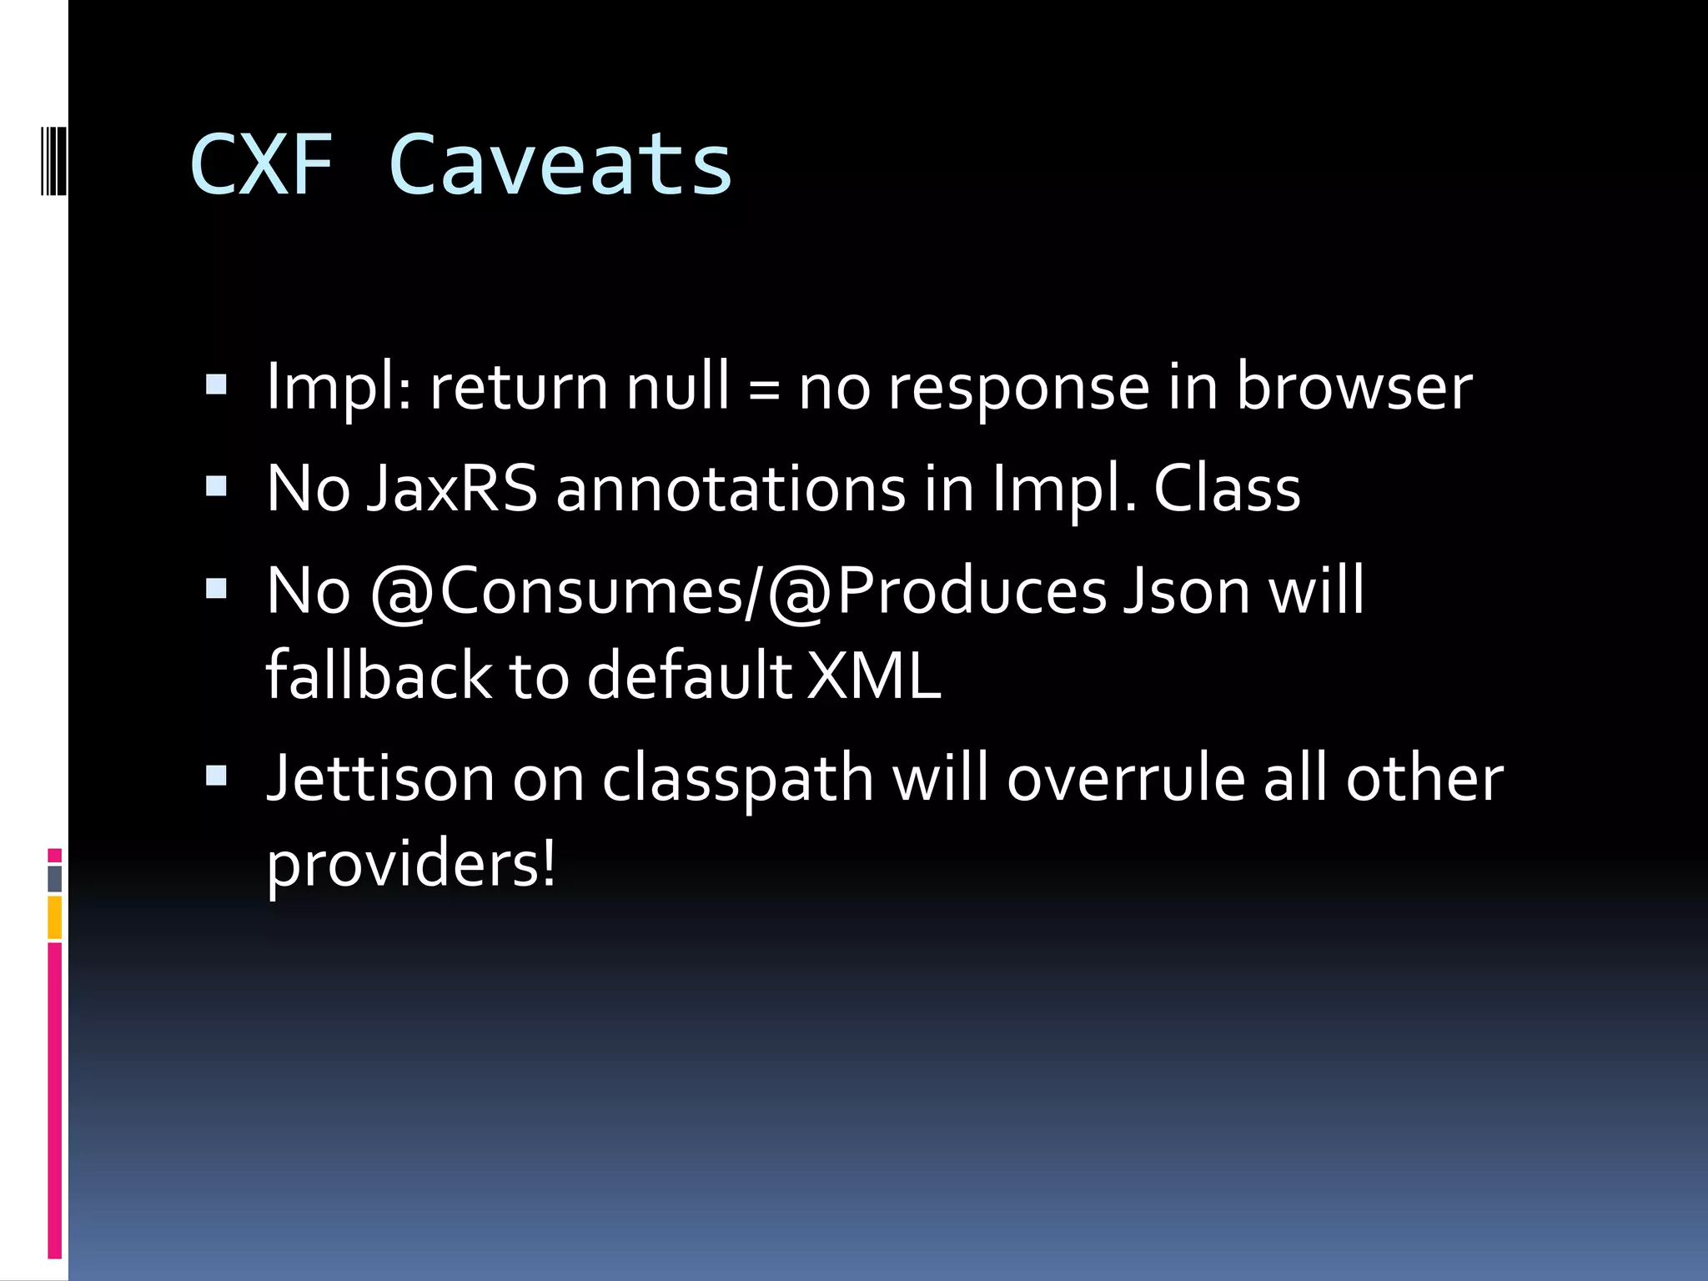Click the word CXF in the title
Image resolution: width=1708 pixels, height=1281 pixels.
(261, 165)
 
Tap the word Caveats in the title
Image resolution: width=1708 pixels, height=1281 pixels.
(560, 165)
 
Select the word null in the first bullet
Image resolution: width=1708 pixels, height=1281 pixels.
(677, 387)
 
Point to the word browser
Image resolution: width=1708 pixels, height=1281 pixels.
(1354, 387)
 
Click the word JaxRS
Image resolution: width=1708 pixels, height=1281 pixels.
(452, 489)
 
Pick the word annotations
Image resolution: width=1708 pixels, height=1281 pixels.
(731, 489)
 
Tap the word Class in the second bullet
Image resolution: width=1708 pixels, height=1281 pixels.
(1226, 489)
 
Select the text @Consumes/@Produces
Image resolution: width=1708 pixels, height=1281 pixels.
(738, 591)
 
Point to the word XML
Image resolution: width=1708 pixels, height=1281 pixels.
(875, 676)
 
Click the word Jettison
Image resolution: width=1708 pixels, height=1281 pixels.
(380, 778)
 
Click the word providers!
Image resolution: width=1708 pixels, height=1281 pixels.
(410, 866)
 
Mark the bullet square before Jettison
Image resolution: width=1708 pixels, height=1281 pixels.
(216, 776)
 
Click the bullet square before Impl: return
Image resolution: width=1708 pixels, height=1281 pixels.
(216, 384)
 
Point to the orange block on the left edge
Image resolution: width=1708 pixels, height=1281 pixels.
(55, 917)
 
